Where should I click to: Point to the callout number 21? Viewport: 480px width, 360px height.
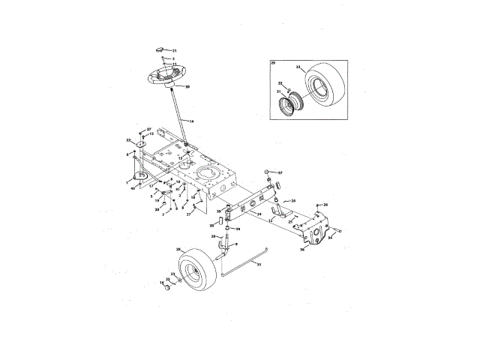click(175, 50)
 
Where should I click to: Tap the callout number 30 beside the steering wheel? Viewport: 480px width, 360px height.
click(187, 87)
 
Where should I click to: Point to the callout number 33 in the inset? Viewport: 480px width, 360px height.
click(298, 67)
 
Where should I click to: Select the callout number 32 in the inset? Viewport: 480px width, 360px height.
click(279, 83)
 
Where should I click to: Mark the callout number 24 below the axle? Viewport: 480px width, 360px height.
click(259, 214)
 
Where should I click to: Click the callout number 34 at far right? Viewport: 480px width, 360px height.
click(330, 238)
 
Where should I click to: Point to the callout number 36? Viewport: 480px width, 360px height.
click(304, 250)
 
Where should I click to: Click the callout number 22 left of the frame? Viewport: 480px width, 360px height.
click(128, 140)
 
